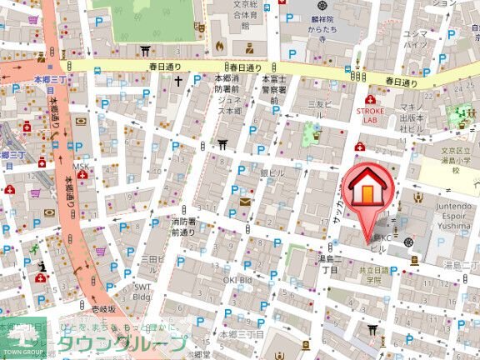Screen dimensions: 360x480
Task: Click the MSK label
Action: coord(79,167)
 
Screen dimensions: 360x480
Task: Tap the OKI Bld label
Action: coord(238,280)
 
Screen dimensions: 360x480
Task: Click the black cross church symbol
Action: coord(177,82)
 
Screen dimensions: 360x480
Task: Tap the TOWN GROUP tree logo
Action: coord(24,337)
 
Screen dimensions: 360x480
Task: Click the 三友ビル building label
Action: coord(320,109)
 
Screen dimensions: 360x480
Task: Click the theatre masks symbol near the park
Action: coord(200,27)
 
